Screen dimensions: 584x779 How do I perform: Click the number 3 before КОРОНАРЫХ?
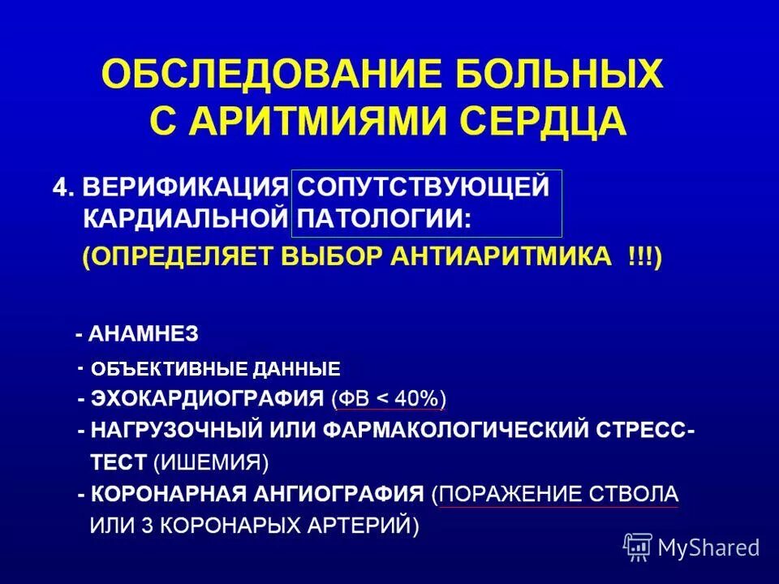[x=147, y=525]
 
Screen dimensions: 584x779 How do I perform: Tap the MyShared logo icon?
[x=638, y=547]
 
